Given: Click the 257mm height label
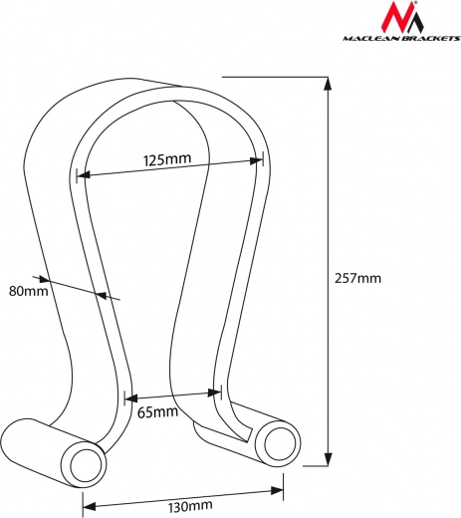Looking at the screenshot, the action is pos(357,278).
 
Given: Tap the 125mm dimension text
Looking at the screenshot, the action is pos(167,159).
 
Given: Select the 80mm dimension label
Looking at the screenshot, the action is pos(29,291).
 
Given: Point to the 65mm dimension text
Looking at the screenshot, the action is pos(157,412).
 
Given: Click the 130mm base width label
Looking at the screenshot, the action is pos(190,506).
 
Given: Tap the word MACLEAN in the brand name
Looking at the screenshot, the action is pos(372,39).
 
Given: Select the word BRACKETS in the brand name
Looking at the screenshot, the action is pos(431,39).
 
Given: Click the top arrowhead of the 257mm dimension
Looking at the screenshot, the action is pos(328,84).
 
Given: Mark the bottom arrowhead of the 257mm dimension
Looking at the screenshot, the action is pos(328,459).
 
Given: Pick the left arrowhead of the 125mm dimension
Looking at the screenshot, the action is pos(84,174).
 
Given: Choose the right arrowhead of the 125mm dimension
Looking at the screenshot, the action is pos(256,160).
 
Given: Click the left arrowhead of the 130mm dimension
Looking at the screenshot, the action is pos(89,506).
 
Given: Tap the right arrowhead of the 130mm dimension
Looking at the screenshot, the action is pos(277,490).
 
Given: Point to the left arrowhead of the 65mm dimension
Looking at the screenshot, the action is pos(131,398).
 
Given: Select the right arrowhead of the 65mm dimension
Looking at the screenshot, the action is pos(214,392).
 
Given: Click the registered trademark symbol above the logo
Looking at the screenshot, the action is pos(412,3).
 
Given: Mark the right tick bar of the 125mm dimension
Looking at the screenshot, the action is pos(263,158).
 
